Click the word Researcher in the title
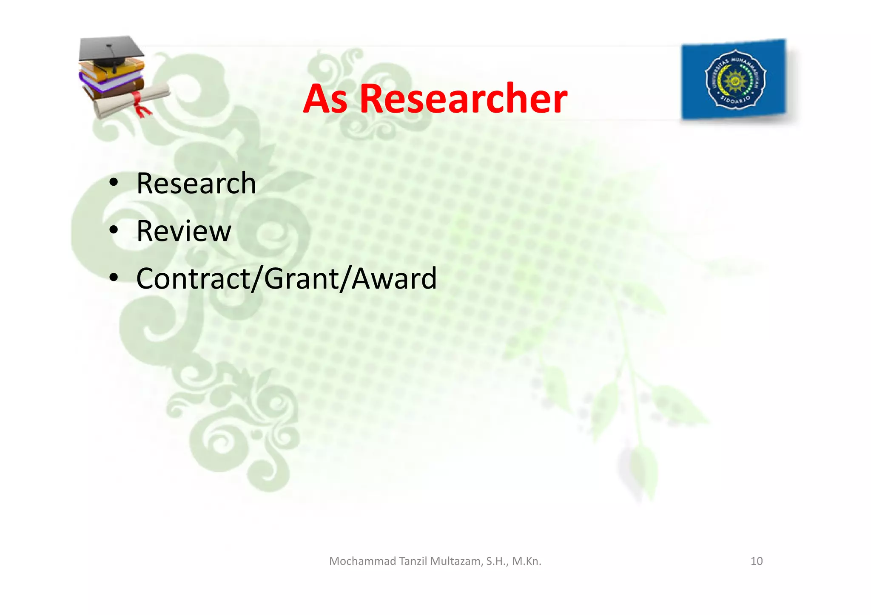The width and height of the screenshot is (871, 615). point(463,99)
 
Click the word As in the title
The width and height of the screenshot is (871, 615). point(325,99)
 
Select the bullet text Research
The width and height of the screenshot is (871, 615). point(196,184)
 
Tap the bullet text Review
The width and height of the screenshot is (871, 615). point(184,231)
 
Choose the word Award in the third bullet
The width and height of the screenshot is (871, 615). point(394,279)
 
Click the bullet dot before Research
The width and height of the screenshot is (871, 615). point(114,183)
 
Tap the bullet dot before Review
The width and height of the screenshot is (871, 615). point(114,231)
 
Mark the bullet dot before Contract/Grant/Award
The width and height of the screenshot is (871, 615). point(114,278)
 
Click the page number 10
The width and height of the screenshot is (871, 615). point(756,561)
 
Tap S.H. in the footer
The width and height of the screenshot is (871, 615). point(497,561)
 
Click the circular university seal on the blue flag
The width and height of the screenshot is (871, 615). point(735,79)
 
